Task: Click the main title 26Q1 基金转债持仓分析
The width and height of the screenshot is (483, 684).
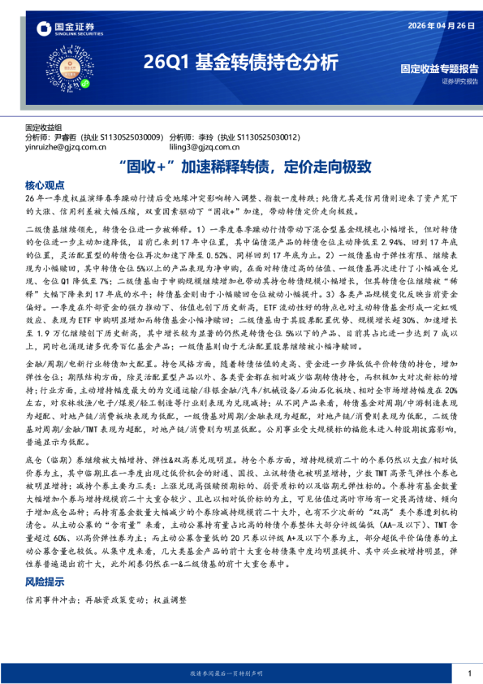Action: [x=240, y=63]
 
